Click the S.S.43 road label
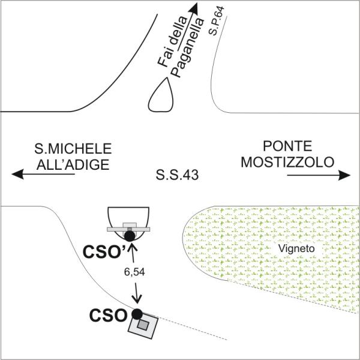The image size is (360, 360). [177, 175]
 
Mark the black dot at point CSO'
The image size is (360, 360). [130, 236]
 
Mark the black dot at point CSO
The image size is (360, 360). [137, 313]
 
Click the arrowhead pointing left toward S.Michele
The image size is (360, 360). [17, 175]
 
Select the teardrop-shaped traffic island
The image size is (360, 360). [161, 96]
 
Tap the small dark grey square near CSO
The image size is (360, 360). [143, 324]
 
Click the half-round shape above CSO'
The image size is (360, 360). [128, 215]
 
